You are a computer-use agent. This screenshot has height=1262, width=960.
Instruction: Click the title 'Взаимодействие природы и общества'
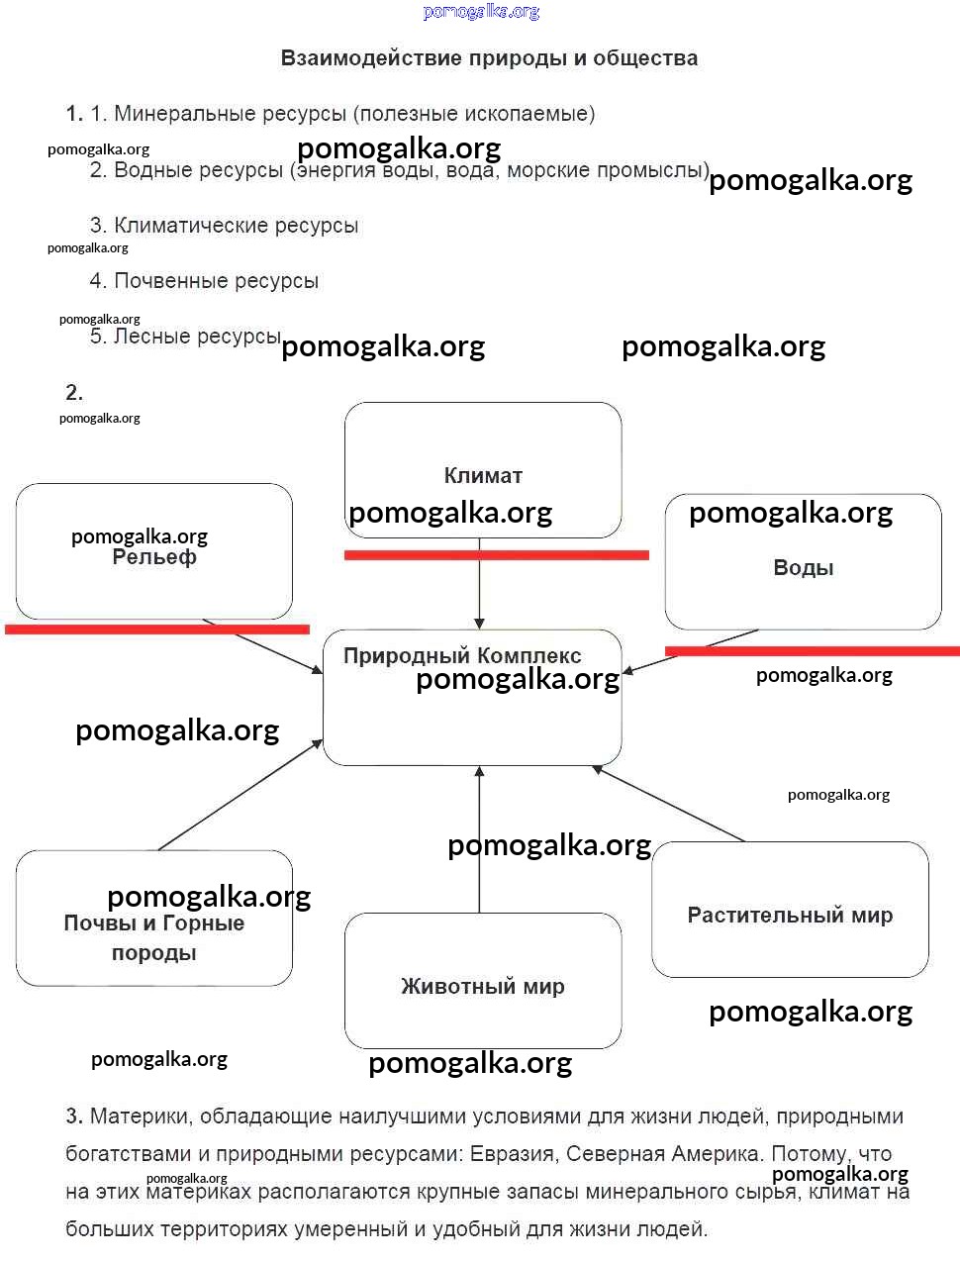click(x=489, y=58)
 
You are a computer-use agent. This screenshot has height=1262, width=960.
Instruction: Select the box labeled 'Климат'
click(x=483, y=469)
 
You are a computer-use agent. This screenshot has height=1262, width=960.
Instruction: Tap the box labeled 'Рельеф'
click(x=153, y=551)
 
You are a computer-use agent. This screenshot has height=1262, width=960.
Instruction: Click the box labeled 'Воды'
click(x=803, y=562)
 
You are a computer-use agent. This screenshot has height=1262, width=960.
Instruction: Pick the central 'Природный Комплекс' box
click(x=472, y=697)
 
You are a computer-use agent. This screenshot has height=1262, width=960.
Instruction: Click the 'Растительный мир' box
click(x=790, y=910)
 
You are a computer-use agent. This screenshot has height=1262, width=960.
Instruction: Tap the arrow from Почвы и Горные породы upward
click(x=240, y=795)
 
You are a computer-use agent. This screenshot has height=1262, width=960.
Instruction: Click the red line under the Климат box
click(x=496, y=555)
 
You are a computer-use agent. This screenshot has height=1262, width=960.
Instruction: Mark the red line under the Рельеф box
click(x=157, y=629)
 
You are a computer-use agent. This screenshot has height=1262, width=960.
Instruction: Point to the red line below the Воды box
click(x=812, y=650)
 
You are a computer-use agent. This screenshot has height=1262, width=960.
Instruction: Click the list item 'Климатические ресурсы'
click(x=236, y=226)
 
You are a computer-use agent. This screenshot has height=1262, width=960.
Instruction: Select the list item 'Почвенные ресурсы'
click(x=216, y=281)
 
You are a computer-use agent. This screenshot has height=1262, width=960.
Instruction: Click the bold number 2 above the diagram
click(x=74, y=393)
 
